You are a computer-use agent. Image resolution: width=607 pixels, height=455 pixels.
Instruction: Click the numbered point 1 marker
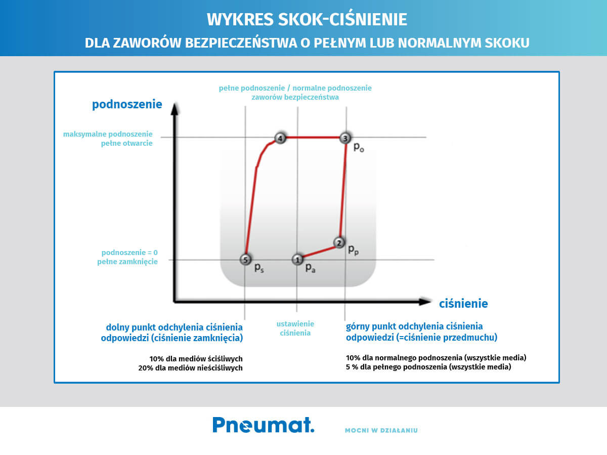tap(297, 260)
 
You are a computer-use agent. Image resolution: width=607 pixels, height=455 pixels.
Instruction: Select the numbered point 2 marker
tap(339, 242)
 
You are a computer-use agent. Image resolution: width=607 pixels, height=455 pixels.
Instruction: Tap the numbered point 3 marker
tap(345, 138)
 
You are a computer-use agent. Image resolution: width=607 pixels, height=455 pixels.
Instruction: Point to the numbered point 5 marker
tap(245, 260)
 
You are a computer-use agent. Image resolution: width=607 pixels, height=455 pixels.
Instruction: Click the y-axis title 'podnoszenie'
tap(127, 105)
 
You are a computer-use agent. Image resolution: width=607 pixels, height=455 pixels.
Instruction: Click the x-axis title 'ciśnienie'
tap(463, 304)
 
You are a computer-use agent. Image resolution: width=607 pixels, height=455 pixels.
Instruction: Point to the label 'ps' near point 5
tap(259, 268)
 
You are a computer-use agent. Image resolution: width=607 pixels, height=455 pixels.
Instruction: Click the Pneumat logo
tap(263, 425)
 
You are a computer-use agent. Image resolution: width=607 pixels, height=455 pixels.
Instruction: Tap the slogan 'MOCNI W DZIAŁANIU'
tap(381, 431)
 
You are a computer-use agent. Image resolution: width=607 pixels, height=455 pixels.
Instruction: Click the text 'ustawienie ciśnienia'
tap(295, 328)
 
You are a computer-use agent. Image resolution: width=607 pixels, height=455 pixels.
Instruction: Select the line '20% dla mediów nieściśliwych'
tap(190, 368)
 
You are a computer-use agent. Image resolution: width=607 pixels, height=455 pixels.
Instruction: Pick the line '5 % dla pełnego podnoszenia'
tap(428, 367)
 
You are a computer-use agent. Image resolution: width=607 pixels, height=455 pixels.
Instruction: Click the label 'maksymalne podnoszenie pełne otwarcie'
tap(108, 139)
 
